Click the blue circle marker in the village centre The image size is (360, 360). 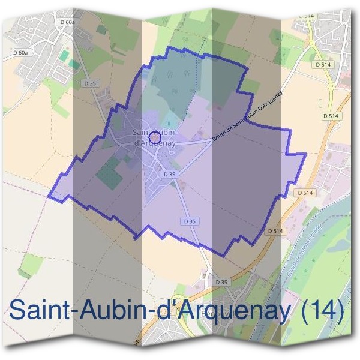coord(154,137)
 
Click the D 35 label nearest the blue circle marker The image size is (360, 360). coord(169,174)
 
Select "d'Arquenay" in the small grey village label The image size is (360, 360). coord(154,143)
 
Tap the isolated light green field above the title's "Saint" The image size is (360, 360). coord(32,263)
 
